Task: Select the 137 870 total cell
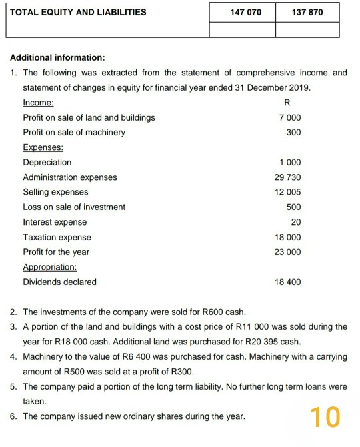point(307,12)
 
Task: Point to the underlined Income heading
point(39,103)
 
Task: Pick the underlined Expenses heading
point(43,147)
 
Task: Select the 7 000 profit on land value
point(289,117)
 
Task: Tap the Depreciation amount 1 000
point(289,163)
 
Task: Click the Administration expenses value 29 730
point(287,177)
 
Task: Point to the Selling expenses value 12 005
point(287,192)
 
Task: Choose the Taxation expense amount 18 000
point(287,237)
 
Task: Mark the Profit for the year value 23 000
point(287,252)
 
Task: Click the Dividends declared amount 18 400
point(287,282)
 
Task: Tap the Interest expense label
point(55,222)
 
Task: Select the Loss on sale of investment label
point(74,207)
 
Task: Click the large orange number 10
point(325,416)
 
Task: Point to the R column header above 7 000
point(287,103)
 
